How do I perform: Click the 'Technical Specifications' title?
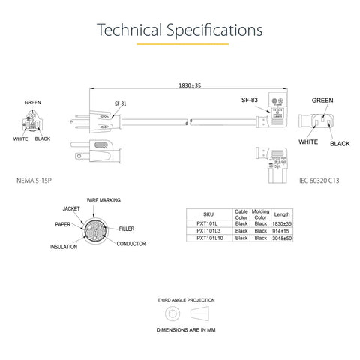[x=180, y=31]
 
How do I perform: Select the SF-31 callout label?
[x=120, y=103]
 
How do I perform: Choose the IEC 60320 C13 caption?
[x=319, y=181]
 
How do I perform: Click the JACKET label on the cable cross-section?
[x=71, y=208]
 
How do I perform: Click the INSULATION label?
[x=64, y=246]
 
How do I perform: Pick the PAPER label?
[x=62, y=224]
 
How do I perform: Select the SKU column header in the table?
[x=208, y=214]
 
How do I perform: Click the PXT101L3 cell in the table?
[x=208, y=231]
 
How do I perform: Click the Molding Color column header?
[x=261, y=214]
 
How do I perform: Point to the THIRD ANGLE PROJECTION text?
[x=179, y=298]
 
